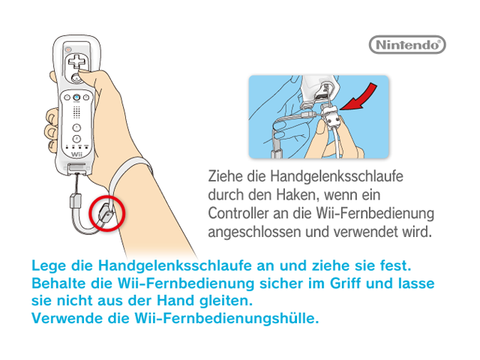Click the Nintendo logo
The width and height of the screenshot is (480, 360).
pyautogui.click(x=407, y=45)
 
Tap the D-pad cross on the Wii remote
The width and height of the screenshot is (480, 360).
pyautogui.click(x=76, y=61)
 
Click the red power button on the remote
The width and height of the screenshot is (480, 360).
pyautogui.click(x=68, y=49)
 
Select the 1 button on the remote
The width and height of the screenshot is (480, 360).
pyautogui.click(x=76, y=127)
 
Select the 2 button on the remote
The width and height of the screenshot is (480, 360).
pyautogui.click(x=76, y=138)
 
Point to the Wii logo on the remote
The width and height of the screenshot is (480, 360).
pyautogui.click(x=76, y=154)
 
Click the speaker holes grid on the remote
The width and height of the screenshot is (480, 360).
pyautogui.click(x=76, y=112)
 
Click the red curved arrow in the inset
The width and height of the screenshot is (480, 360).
pyautogui.click(x=361, y=100)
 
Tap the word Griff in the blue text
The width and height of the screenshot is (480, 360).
pyautogui.click(x=345, y=283)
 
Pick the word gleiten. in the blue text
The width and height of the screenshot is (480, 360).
pyautogui.click(x=226, y=301)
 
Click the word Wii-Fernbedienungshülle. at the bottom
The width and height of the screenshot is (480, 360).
pyautogui.click(x=226, y=318)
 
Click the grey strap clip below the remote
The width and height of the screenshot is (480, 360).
pyautogui.click(x=75, y=200)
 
